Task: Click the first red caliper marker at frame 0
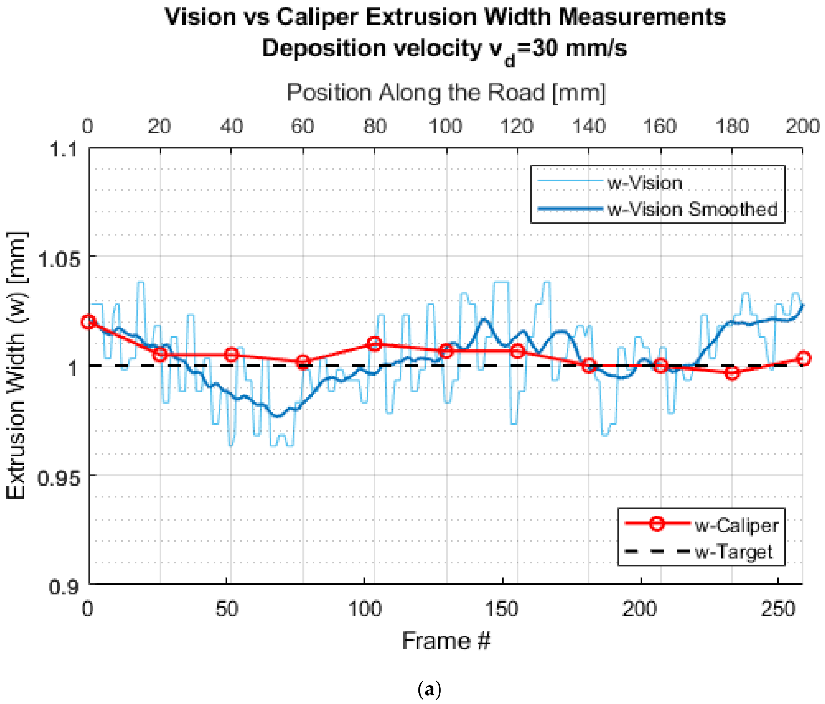point(88,322)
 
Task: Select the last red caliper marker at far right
point(803,358)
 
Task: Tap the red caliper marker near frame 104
point(374,344)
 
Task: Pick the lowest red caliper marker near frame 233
point(732,373)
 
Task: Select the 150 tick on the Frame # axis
point(502,609)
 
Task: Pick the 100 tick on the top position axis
point(445,126)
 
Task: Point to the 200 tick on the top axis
point(802,126)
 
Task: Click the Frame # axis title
point(446,640)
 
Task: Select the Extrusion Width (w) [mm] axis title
point(16,366)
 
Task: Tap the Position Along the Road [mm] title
point(446,93)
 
